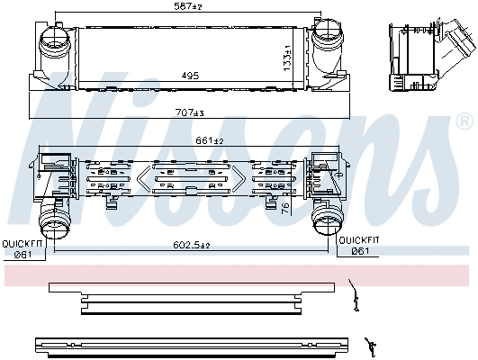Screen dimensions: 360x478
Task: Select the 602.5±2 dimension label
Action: click(x=191, y=246)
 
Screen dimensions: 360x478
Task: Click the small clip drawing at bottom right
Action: click(x=370, y=344)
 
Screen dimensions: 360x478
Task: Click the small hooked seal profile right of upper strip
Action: click(x=356, y=297)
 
